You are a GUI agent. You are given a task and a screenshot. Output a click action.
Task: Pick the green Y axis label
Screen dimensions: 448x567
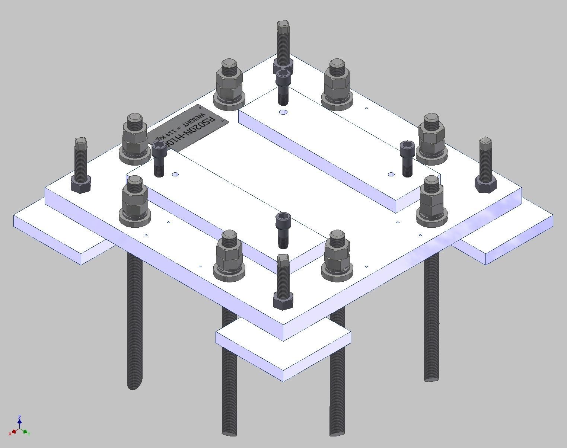point(29,433)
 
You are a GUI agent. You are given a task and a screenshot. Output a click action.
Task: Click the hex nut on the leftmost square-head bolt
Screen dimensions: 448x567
point(81,184)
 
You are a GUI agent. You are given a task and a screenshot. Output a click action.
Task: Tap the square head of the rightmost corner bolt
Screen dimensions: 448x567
point(485,142)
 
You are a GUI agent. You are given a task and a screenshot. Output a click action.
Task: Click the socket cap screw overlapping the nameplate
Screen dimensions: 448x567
point(159,158)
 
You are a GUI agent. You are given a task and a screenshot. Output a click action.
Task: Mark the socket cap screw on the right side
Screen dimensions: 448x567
point(407,158)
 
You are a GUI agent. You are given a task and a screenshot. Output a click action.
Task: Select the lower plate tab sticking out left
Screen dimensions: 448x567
point(60,231)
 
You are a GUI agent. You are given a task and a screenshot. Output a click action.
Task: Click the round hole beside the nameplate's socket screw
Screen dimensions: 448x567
point(176,174)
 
